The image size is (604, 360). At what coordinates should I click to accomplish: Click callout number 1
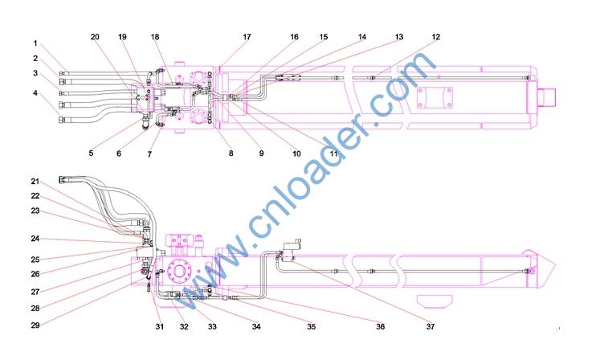35,43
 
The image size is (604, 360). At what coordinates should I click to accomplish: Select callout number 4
35,93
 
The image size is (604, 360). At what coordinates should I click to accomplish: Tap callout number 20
95,37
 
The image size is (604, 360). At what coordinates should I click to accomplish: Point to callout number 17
247,37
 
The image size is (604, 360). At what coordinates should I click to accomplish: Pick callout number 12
435,37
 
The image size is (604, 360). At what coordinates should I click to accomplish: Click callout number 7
149,154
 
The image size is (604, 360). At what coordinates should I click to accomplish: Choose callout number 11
333,153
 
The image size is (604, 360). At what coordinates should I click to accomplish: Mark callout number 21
35,181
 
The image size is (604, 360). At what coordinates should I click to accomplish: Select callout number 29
35,325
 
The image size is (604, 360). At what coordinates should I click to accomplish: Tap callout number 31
160,326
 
